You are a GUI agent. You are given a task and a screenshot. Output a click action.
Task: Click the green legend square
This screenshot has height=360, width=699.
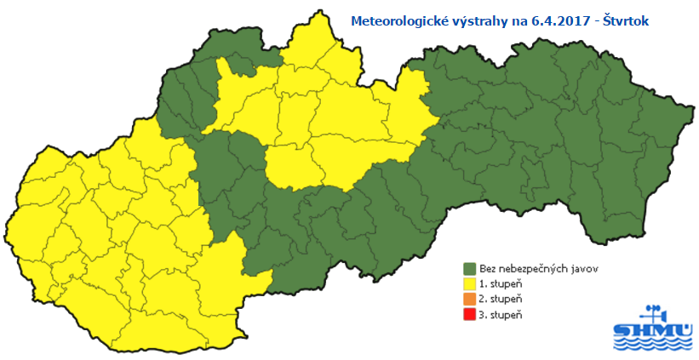click(x=468, y=267)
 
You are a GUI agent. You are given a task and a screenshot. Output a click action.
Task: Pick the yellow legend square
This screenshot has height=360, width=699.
click(x=468, y=283)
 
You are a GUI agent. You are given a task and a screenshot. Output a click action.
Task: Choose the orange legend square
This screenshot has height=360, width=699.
click(x=468, y=300)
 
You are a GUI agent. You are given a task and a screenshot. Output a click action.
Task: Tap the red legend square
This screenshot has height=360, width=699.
click(x=468, y=316)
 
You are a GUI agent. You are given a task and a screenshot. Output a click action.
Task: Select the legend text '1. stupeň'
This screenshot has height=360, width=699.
click(x=501, y=283)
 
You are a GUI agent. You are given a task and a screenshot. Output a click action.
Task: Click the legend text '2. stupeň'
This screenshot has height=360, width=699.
click(x=501, y=300)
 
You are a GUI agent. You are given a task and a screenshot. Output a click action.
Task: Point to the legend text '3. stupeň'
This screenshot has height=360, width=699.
click(x=501, y=316)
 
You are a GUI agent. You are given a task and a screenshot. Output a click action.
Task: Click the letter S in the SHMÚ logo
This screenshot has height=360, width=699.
click(x=622, y=329)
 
